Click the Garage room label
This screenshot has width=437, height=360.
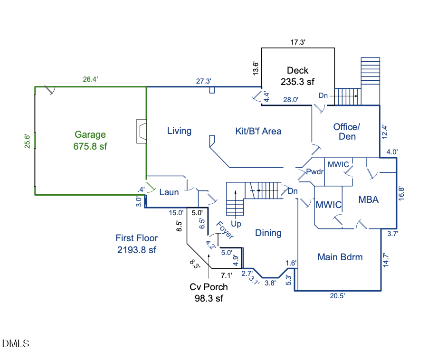(x=90, y=135)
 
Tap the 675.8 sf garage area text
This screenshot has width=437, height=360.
(x=90, y=146)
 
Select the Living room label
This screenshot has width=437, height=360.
(x=179, y=131)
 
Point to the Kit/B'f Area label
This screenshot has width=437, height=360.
(x=258, y=131)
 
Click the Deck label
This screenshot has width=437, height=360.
(x=298, y=71)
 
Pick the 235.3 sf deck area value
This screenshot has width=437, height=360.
(x=298, y=82)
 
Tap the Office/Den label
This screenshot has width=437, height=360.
(x=347, y=132)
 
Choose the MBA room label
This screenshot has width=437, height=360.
(x=368, y=200)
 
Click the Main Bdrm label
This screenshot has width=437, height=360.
(x=340, y=257)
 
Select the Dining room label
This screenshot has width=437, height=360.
(x=268, y=233)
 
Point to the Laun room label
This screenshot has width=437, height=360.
(x=169, y=192)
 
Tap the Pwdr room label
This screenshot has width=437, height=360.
(x=315, y=172)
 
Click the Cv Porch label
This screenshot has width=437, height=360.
(x=209, y=287)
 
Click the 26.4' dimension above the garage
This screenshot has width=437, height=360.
(x=90, y=80)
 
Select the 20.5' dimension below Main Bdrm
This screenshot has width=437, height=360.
(x=337, y=296)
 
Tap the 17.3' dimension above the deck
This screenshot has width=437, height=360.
(x=298, y=42)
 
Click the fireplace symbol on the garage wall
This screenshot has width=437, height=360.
(x=141, y=132)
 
